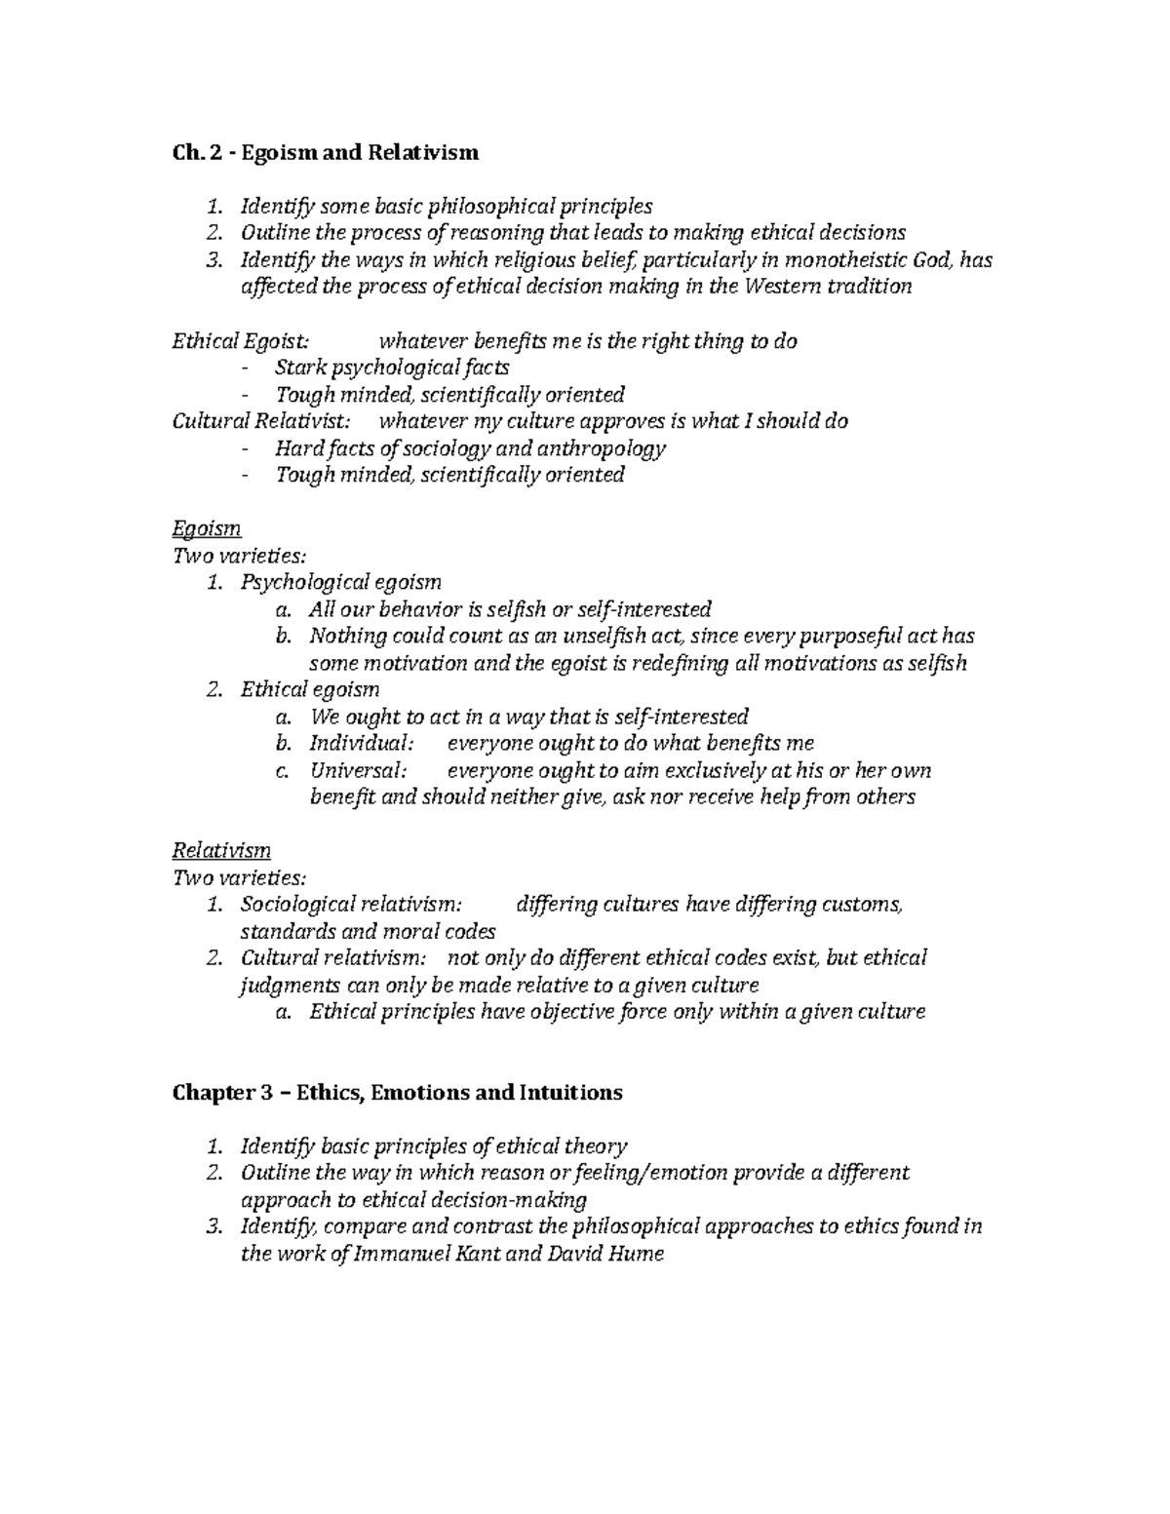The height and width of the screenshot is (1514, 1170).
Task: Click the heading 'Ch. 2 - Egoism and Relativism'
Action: click(x=326, y=152)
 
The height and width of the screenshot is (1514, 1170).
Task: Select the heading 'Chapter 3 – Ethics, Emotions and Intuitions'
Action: click(x=397, y=1092)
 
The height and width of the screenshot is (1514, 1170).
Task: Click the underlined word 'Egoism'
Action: click(x=206, y=528)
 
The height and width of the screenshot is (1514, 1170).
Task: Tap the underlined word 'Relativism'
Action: click(x=221, y=850)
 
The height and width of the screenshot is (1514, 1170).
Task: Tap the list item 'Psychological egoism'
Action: click(x=340, y=583)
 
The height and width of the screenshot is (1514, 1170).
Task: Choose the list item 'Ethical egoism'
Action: click(x=310, y=690)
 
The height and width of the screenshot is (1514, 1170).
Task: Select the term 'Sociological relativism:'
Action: click(x=352, y=905)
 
